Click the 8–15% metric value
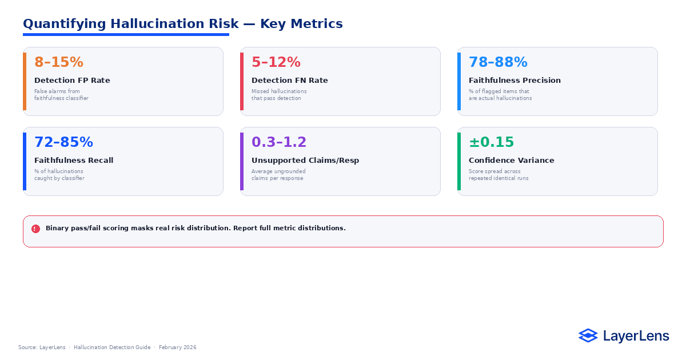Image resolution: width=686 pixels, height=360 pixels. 59,62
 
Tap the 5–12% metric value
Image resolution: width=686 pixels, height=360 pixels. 276,62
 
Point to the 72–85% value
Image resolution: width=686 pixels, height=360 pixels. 63,142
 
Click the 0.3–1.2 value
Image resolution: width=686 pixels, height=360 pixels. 279,142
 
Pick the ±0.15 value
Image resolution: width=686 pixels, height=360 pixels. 491,142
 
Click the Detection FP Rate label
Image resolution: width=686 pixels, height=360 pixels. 72,81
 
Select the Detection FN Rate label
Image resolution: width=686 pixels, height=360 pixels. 290,81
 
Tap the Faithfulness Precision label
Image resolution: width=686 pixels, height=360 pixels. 514,81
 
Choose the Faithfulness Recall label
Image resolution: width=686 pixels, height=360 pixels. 74,161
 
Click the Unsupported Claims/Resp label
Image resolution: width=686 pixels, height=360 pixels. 305,161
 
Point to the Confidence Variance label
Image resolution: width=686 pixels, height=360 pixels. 511,161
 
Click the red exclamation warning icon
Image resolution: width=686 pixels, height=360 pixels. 35,229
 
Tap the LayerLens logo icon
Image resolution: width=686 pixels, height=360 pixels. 588,335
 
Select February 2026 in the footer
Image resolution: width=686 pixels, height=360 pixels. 177,347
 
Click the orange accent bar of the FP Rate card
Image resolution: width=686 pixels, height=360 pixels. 25,81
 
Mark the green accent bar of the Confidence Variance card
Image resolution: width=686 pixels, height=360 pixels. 459,161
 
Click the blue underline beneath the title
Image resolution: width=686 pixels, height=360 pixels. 126,35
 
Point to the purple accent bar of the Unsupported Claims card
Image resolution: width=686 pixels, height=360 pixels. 242,161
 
